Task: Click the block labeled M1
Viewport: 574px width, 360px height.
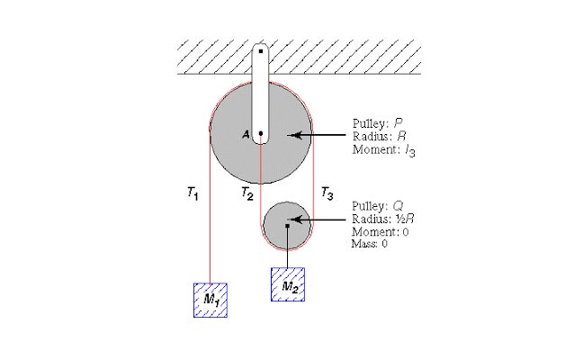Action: pos(210,300)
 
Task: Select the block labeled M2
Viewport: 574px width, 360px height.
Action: pos(288,284)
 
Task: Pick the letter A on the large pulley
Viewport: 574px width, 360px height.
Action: pos(245,135)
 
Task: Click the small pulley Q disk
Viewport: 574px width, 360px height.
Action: pos(287,224)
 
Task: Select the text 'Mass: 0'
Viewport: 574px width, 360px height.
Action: pos(370,244)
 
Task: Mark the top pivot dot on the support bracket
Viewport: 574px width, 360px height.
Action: pos(261,51)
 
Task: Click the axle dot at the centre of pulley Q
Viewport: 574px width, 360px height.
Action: pos(288,226)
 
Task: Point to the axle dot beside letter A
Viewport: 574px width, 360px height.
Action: pos(261,135)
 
